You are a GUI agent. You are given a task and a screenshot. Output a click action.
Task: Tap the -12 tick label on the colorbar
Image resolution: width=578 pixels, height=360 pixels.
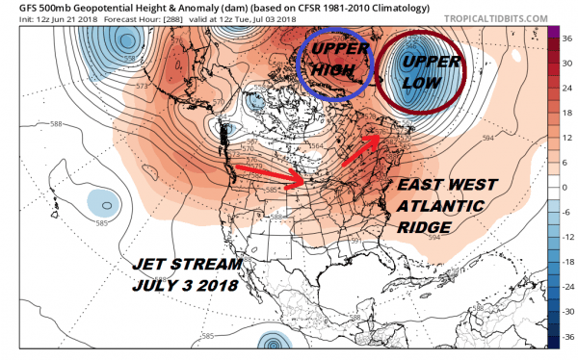click(x=565, y=237)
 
